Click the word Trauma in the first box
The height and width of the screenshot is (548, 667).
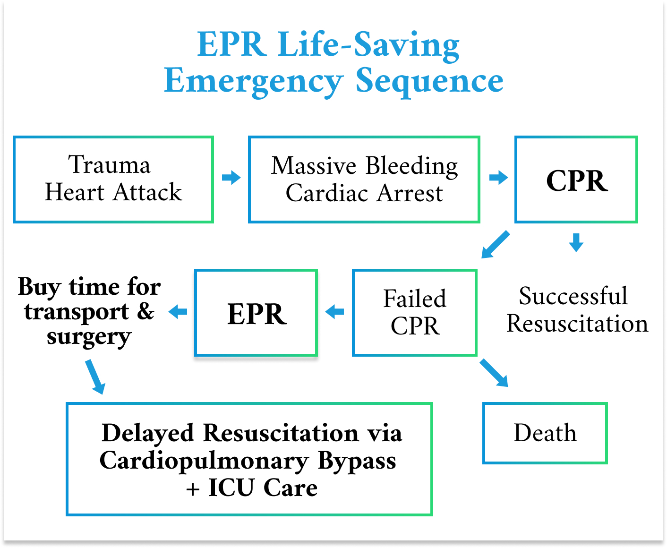coord(109,165)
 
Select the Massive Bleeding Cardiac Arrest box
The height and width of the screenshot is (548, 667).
coord(364,180)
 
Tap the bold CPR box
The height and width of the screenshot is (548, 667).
coord(576,180)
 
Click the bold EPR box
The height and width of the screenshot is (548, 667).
coord(256,313)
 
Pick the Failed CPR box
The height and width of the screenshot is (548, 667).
coord(414,313)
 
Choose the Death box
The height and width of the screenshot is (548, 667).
coord(545,433)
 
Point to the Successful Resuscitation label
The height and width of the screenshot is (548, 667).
coord(576,310)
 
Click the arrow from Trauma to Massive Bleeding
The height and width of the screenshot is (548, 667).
coord(231,178)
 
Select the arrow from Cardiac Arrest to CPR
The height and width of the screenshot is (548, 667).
coord(498,178)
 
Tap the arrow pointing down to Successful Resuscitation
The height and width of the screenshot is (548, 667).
coord(576,242)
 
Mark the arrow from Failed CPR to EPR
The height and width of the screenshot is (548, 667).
coord(335,312)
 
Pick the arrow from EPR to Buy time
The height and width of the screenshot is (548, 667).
coord(178,312)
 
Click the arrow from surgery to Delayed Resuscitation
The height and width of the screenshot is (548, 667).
coord(95,377)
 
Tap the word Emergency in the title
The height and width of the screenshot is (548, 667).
coord(253,81)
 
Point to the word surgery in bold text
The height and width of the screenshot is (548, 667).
coord(89,337)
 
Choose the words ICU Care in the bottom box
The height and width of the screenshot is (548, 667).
coord(263,488)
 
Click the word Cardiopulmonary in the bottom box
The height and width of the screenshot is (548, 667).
coord(204,461)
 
